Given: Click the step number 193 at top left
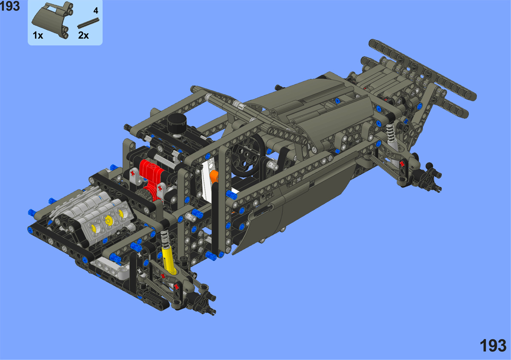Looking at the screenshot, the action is [x=10, y=6].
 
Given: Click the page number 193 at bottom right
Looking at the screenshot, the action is [x=493, y=346].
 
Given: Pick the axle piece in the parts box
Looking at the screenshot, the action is [x=88, y=23].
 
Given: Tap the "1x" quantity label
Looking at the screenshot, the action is [x=38, y=35].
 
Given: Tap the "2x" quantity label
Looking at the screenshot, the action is [x=83, y=35].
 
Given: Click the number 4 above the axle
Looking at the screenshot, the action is [x=96, y=11].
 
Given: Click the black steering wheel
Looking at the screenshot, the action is [x=248, y=155].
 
